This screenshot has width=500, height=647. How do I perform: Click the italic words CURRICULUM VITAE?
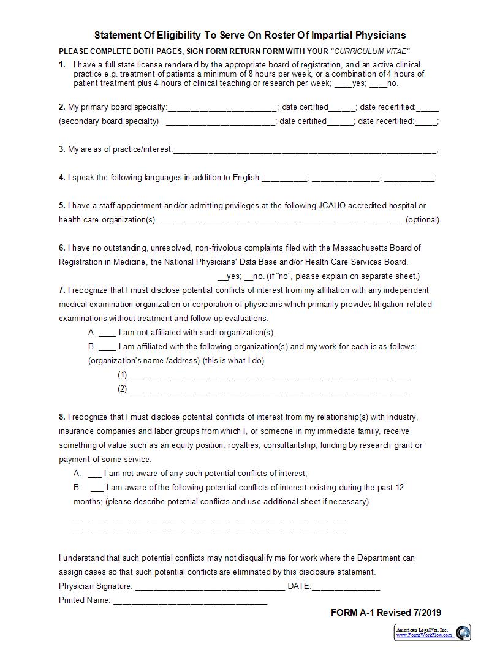370,51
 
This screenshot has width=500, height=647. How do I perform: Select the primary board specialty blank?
222,108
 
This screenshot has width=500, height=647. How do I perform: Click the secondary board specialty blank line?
221,122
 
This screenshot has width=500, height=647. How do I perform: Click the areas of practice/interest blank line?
305,150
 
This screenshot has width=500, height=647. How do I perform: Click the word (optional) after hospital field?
422,220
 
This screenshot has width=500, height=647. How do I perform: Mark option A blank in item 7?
107,333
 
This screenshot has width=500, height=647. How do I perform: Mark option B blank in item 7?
107,347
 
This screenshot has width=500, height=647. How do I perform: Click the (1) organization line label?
123,375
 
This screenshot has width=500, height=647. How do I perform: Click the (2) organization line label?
123,389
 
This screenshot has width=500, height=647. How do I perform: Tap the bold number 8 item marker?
62,417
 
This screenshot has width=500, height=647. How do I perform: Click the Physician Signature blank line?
210,587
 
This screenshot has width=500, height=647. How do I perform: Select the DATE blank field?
346,587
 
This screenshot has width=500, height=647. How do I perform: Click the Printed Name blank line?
190,601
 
